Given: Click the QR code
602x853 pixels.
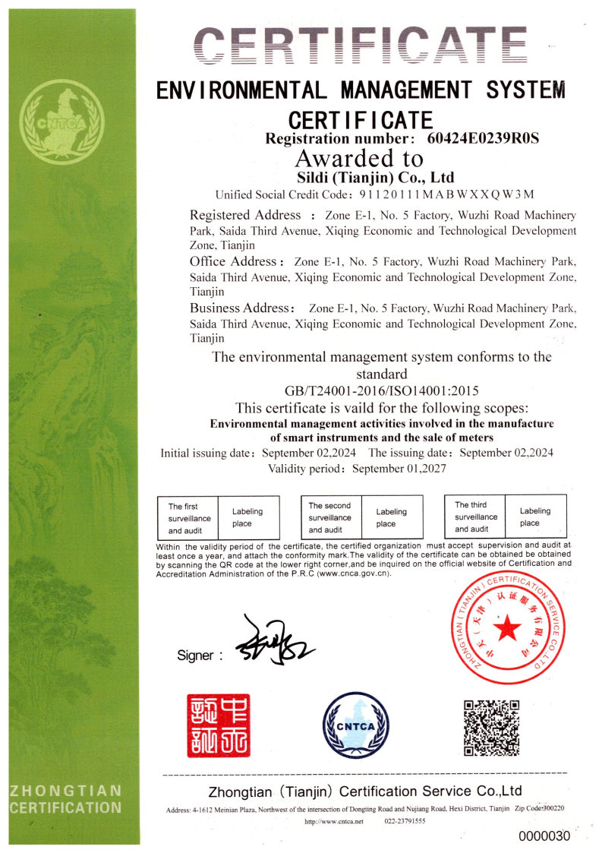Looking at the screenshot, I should (491, 728).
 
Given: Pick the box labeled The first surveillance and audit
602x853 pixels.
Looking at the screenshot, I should (187, 518).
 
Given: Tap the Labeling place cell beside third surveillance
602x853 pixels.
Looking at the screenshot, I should (535, 517).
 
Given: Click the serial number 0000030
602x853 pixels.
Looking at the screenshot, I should (544, 836).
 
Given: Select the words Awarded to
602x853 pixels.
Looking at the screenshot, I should (358, 159).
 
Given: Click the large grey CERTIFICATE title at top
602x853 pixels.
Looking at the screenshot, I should (359, 46).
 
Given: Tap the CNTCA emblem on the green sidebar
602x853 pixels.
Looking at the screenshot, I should (61, 123).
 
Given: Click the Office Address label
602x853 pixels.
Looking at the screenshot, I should (238, 261).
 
